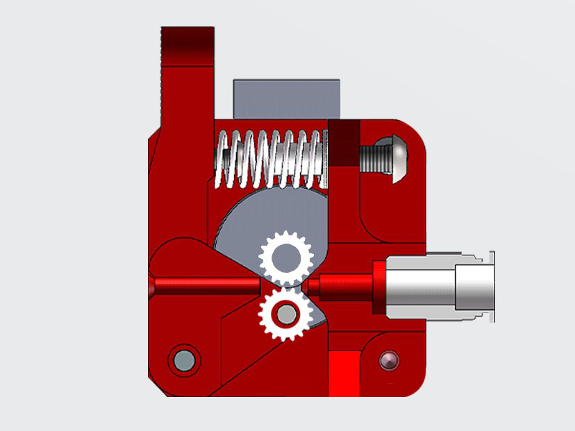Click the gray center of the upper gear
pyautogui.click(x=285, y=257)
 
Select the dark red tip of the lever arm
pyautogui.click(x=187, y=46)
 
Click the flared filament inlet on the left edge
pyautogui.click(x=153, y=285)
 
